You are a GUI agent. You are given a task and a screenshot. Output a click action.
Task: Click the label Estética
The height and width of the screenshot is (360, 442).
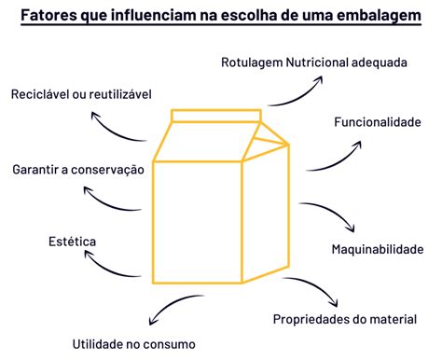coord(72,242)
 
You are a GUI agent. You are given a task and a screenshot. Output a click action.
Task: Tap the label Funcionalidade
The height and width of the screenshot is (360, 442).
coord(378,122)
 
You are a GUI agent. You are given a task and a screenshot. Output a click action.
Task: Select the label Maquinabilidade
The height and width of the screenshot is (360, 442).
coord(378,249)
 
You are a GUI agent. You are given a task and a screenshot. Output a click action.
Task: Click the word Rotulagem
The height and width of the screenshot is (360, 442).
coord(252,62)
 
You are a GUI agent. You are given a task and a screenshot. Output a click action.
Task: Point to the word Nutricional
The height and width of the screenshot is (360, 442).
coord(317,62)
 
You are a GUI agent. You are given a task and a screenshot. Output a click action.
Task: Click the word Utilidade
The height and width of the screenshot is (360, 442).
coord(97,344)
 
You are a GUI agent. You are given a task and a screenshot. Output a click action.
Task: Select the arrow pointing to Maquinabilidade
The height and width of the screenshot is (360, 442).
coord(332,211)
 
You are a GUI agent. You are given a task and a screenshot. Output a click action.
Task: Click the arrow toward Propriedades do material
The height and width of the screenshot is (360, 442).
coord(315,285)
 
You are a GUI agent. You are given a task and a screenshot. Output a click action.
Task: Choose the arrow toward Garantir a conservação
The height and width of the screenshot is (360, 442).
coord(108,204)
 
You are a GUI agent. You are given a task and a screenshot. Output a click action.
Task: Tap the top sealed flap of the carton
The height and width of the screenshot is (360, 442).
coord(216,116)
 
